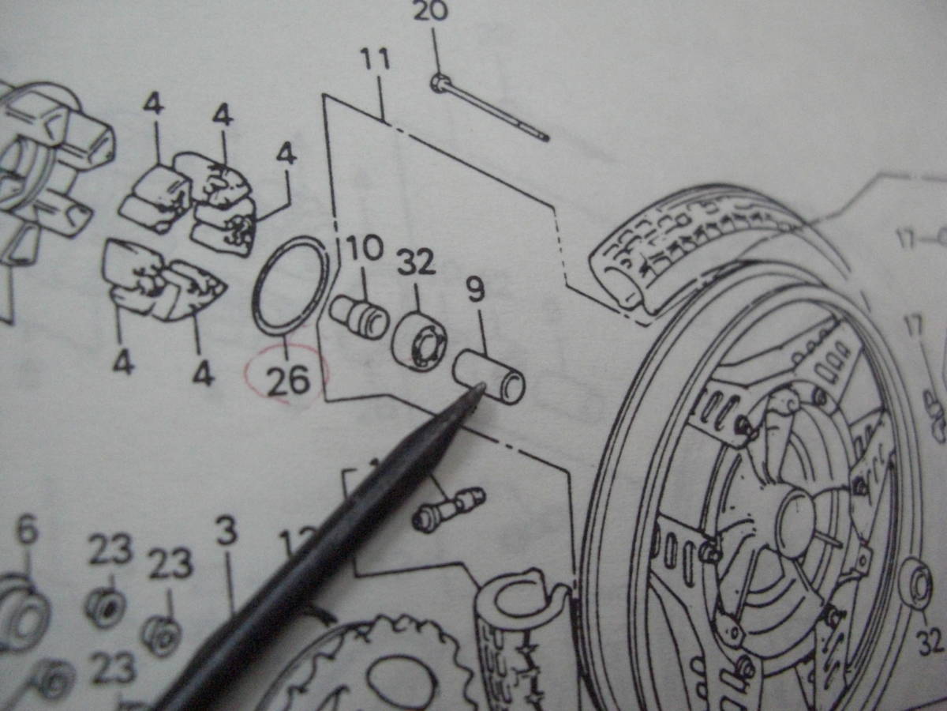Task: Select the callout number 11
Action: (376, 61)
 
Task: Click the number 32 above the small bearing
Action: (416, 262)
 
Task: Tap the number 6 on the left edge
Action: (26, 530)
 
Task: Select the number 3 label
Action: (226, 532)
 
